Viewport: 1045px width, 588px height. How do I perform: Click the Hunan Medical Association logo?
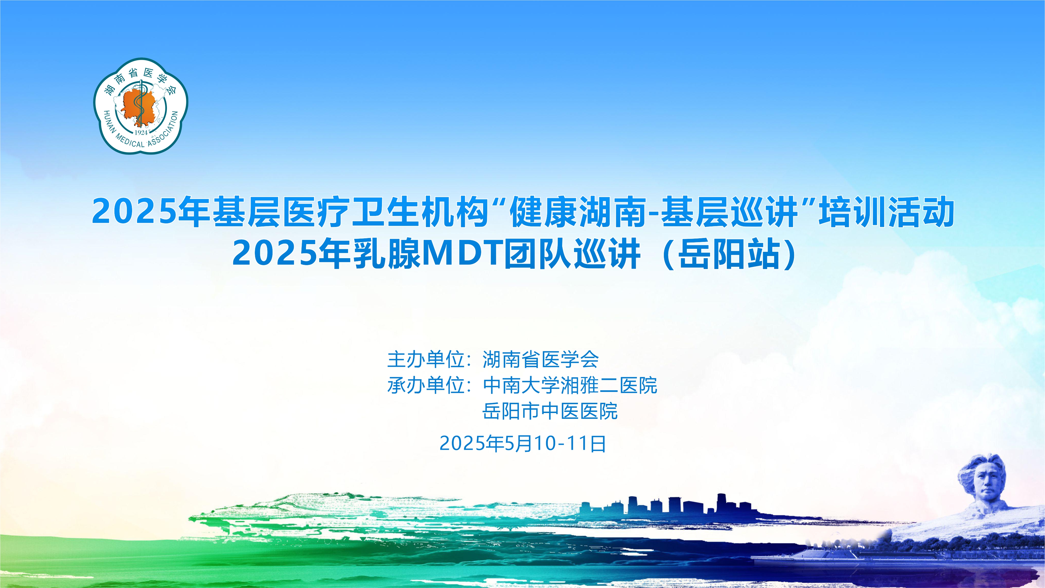[141, 106]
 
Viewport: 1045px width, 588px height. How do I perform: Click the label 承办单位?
[426, 385]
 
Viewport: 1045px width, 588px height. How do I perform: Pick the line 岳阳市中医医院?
[550, 411]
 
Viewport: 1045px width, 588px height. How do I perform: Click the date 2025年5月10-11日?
[522, 443]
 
